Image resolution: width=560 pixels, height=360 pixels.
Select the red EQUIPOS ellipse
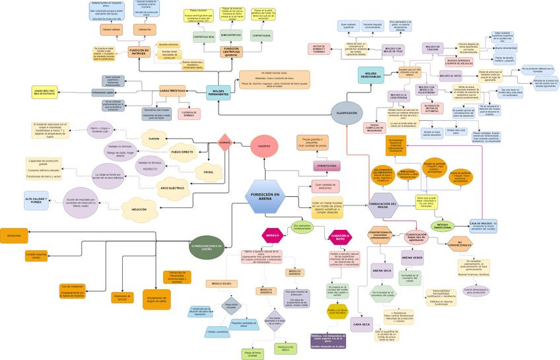(x=264, y=146)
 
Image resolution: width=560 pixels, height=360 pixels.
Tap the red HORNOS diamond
(x=225, y=142)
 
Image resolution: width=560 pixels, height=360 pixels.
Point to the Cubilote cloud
(x=154, y=139)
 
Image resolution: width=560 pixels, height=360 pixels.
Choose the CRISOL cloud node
(x=209, y=172)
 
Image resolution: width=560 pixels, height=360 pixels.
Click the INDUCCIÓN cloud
(x=139, y=209)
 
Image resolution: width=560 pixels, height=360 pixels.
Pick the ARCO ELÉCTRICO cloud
(x=172, y=188)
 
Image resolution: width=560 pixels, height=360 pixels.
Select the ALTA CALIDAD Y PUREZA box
(x=36, y=200)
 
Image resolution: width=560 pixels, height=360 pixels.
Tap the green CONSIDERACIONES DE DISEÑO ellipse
(x=207, y=247)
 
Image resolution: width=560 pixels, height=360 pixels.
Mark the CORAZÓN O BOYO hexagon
(x=340, y=236)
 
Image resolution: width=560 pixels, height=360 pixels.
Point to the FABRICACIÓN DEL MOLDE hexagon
(x=383, y=205)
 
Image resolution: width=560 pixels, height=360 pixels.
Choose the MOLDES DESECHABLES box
(x=370, y=75)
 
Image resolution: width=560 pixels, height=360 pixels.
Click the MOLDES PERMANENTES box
(x=219, y=92)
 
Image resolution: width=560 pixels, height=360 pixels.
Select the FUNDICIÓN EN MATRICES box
(x=138, y=52)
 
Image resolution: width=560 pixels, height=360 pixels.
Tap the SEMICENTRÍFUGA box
(x=231, y=34)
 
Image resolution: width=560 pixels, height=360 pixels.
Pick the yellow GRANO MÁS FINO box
(x=45, y=92)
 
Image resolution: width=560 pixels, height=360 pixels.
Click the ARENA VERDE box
(x=412, y=257)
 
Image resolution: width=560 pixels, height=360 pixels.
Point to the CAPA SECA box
(x=361, y=324)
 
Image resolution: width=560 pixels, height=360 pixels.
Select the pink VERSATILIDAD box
(x=325, y=166)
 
